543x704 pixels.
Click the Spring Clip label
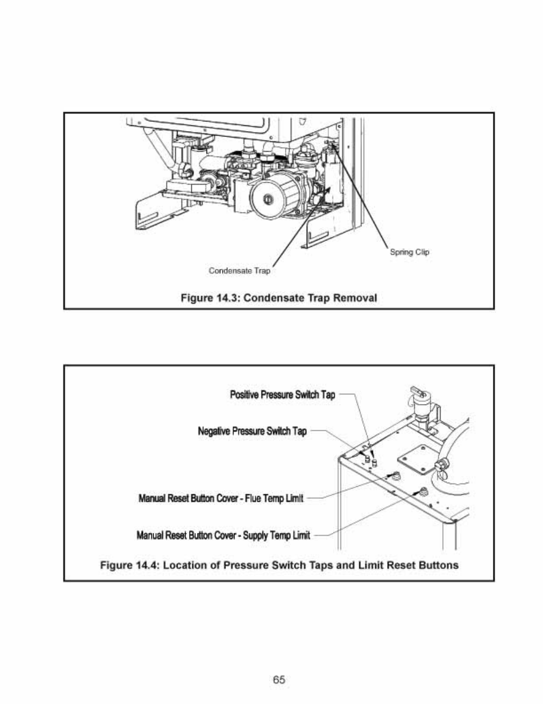click(409, 253)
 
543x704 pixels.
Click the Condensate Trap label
click(239, 271)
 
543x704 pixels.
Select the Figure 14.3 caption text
click(279, 298)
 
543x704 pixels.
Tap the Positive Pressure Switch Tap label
click(283, 394)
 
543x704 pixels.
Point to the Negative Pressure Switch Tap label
click(252, 431)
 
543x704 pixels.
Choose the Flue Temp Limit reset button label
click(221, 498)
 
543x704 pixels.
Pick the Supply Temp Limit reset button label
click(224, 535)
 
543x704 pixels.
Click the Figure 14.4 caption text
click(279, 565)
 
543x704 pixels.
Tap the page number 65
click(279, 679)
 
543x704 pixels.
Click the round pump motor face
click(268, 198)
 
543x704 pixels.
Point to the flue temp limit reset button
click(395, 476)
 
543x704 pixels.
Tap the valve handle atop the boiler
click(418, 391)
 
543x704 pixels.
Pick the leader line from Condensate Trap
click(302, 227)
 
